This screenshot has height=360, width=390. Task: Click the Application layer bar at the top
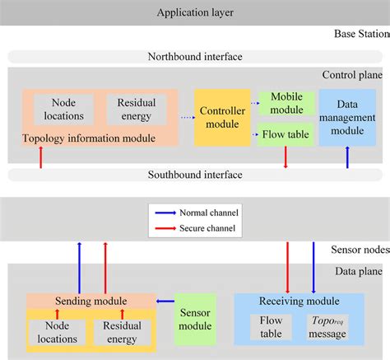[194, 14]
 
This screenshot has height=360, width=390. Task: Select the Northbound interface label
[194, 57]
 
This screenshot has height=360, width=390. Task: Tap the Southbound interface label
[194, 175]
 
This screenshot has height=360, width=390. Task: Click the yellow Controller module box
[221, 118]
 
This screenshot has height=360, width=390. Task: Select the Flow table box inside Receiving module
[271, 326]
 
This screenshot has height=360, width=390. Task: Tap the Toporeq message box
[327, 326]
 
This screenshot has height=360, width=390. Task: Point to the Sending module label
[90, 301]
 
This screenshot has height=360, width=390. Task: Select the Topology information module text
[89, 138]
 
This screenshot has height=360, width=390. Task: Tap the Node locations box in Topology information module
[64, 110]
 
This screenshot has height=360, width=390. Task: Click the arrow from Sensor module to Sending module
[165, 302]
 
